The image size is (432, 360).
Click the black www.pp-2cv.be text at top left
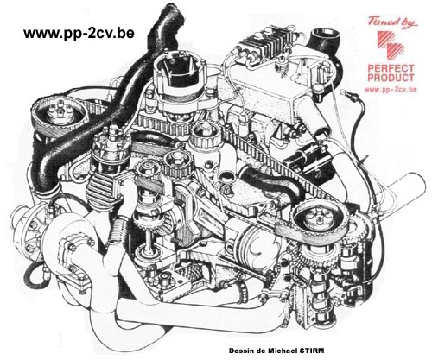point(79,33)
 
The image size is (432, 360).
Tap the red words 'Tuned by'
point(392,22)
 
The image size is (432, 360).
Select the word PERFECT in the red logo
point(391,68)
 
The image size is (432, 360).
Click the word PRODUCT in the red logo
point(391,78)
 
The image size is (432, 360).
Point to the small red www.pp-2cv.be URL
point(391,90)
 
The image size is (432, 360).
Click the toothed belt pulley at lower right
point(321,219)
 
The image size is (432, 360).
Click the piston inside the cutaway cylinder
point(257,238)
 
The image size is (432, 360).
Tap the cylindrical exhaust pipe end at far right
point(409,186)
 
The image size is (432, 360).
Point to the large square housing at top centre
point(179,75)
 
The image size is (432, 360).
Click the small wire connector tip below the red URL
point(344,92)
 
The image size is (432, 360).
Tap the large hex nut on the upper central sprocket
point(205,129)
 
